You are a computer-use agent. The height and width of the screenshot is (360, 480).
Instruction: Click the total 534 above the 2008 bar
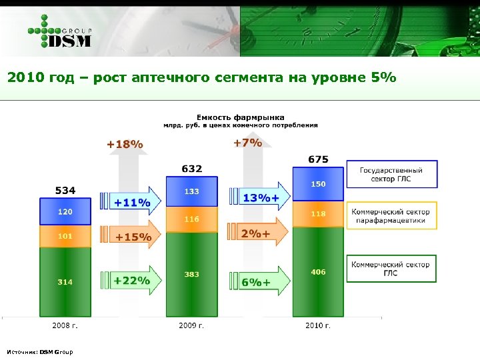65,191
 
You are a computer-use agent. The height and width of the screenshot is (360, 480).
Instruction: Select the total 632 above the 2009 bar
192,169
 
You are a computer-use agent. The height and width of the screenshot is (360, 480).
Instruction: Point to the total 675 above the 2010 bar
318,159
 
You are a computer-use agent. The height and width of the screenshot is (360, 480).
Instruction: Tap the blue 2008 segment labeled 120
65,212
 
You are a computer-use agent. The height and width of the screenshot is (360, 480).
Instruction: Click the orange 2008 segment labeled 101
65,236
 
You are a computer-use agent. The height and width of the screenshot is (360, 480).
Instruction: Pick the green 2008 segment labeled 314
65,282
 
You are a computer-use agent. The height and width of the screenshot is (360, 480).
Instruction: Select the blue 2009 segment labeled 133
192,192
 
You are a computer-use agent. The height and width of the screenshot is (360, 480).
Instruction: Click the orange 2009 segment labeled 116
192,219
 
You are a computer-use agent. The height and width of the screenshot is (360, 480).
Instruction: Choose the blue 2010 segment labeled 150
318,183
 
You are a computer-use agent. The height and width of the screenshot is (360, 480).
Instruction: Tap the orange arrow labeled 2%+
259,233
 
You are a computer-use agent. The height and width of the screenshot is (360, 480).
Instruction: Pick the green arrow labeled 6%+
259,282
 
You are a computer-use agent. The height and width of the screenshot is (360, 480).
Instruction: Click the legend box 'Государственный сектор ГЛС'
391,175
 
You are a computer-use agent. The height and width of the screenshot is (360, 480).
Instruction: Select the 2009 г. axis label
191,326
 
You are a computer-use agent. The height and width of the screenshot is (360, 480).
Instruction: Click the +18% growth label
125,144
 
